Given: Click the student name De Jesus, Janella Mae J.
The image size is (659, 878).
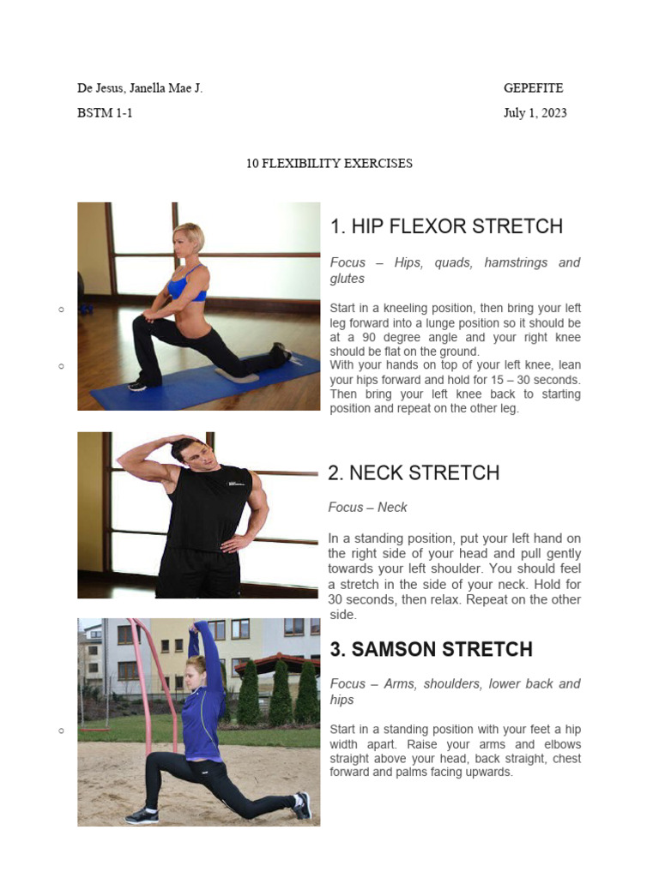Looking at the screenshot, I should (140, 88).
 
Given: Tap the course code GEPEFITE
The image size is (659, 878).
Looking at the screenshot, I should (533, 88).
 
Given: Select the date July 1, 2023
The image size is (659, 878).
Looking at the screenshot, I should (535, 113).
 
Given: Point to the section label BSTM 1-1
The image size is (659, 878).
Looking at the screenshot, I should (105, 113).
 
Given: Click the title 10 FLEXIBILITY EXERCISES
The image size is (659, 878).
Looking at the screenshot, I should (329, 163).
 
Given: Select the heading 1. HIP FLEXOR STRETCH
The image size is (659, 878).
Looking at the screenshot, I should (446, 226).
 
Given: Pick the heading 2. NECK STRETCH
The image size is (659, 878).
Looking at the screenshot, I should (414, 472).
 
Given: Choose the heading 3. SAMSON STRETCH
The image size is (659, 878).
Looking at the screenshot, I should (431, 649).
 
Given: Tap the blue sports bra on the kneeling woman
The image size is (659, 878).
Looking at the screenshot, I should (187, 285).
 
